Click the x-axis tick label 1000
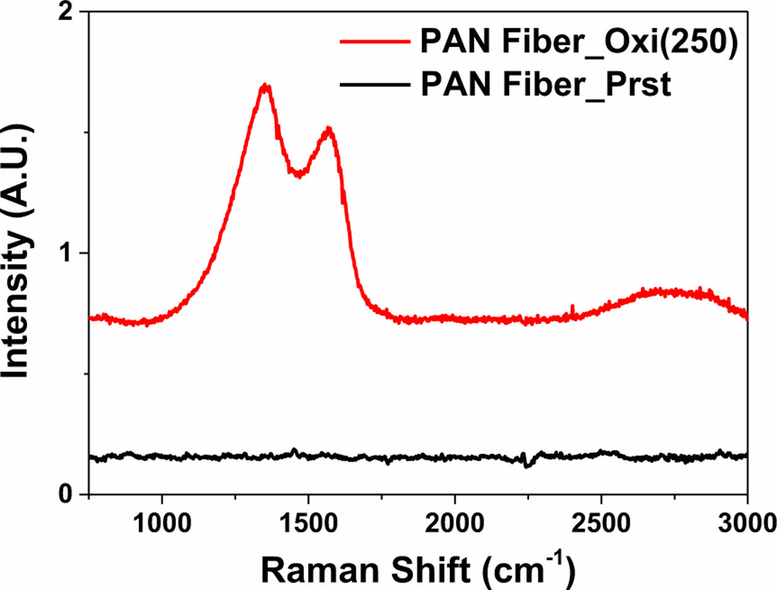(x=162, y=523)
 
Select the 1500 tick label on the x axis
(x=308, y=523)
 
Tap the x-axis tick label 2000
(x=454, y=523)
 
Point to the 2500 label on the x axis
(x=601, y=523)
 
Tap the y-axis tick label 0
(x=65, y=494)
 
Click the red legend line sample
(x=375, y=41)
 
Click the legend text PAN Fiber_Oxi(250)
(x=578, y=42)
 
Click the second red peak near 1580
(x=329, y=129)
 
